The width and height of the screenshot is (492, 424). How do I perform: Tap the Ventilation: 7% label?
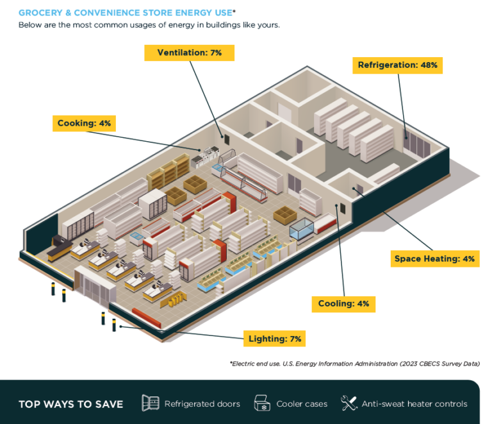click(x=189, y=53)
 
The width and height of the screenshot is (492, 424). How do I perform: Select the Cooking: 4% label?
click(x=84, y=123)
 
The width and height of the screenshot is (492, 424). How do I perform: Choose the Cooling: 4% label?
click(x=343, y=303)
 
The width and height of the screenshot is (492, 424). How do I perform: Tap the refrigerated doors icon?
click(x=150, y=403)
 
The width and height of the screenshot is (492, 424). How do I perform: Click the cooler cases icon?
click(x=262, y=403)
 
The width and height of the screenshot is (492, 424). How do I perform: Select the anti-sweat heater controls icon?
click(x=349, y=403)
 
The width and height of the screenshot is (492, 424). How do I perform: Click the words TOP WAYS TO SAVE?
click(x=70, y=404)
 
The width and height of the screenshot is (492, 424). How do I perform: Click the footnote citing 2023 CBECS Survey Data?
click(x=354, y=364)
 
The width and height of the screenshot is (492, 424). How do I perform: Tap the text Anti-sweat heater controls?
click(x=414, y=404)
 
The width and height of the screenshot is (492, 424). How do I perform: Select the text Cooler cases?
click(x=302, y=404)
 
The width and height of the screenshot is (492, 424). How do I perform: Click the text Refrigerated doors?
click(x=202, y=404)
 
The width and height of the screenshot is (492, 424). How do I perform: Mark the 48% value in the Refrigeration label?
click(x=428, y=65)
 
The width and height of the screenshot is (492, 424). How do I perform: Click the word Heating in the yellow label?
click(x=441, y=259)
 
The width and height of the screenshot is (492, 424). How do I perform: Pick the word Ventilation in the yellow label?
click(x=181, y=53)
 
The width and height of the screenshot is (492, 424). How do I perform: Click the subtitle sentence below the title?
click(x=149, y=25)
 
